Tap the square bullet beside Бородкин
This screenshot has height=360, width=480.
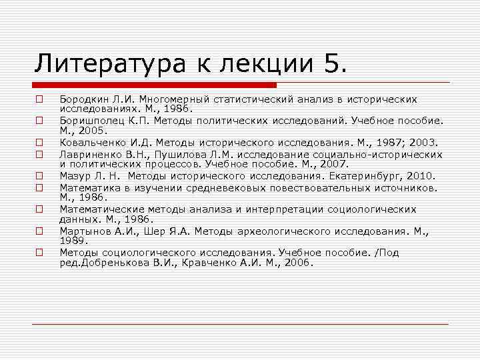tap(39, 99)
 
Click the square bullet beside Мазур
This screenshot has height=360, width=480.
tap(39, 176)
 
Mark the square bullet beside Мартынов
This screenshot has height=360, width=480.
tap(39, 231)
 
